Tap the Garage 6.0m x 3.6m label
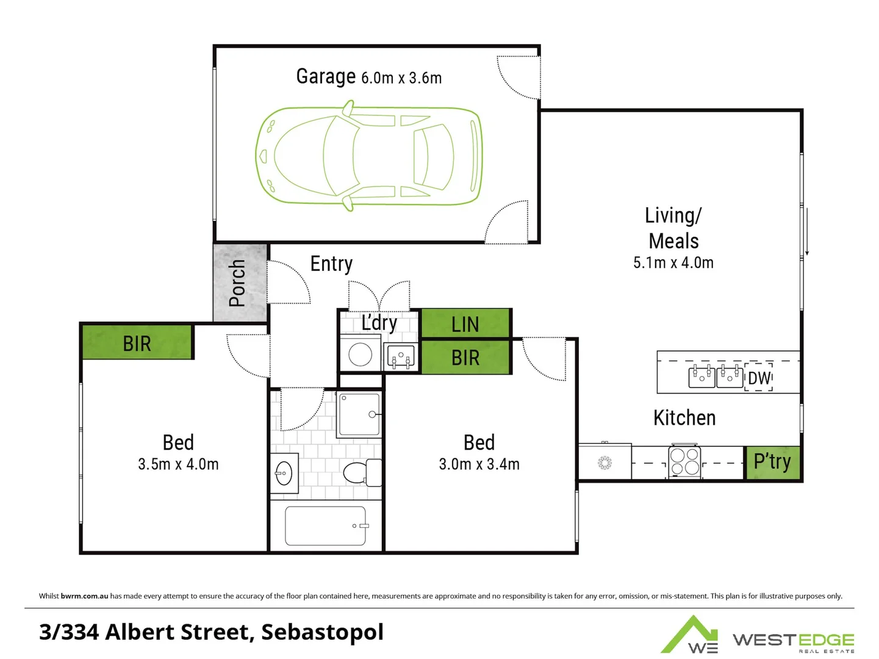[x=368, y=77]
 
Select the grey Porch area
[x=240, y=283]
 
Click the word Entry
[x=331, y=264]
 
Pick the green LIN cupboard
[x=465, y=324]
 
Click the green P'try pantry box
[x=772, y=463]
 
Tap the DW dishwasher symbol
[x=759, y=378]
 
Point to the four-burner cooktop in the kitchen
[x=684, y=462]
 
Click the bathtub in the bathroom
[x=325, y=526]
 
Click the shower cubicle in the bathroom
[x=359, y=414]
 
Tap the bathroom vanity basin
[x=284, y=473]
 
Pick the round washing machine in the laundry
[x=360, y=355]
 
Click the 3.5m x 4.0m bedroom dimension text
[x=178, y=464]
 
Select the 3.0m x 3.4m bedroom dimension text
[x=479, y=464]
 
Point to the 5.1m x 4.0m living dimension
[x=673, y=263]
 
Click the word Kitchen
[x=684, y=418]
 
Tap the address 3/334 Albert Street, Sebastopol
[x=211, y=632]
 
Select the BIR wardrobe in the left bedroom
[x=137, y=343]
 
